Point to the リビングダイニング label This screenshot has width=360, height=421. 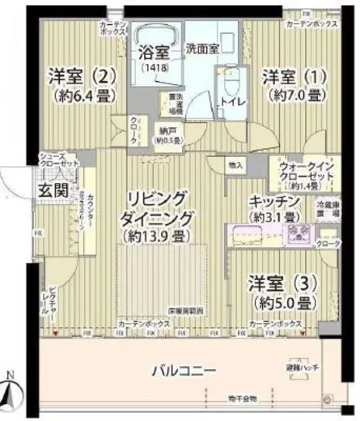[x=156, y=208]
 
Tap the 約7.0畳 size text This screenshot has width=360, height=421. [x=294, y=96]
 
